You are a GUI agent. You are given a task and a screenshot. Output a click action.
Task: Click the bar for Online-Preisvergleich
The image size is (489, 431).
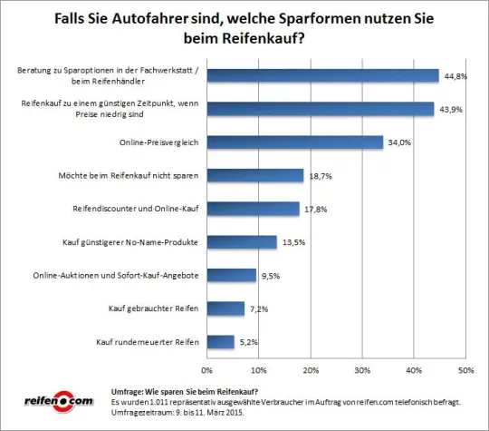295,142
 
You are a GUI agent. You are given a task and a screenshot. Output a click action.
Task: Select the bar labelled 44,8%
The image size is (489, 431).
322,75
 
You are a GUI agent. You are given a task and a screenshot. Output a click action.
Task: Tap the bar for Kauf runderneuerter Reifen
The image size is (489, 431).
220,342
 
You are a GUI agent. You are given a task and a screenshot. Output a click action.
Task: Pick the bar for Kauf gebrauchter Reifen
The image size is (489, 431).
225,309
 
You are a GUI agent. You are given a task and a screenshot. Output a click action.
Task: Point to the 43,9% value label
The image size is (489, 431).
450,109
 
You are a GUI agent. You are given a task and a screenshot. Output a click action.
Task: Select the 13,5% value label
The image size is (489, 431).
292,242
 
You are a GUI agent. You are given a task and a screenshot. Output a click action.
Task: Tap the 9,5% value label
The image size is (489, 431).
272,276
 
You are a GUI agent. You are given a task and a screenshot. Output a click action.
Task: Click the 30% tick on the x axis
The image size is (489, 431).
362,370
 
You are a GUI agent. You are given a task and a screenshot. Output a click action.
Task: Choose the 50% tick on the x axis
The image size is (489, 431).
465,370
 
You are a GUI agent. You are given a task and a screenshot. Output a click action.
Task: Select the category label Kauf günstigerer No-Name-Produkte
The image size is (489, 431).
136,242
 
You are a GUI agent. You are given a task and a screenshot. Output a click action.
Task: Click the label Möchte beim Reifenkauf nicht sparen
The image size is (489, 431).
135,176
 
